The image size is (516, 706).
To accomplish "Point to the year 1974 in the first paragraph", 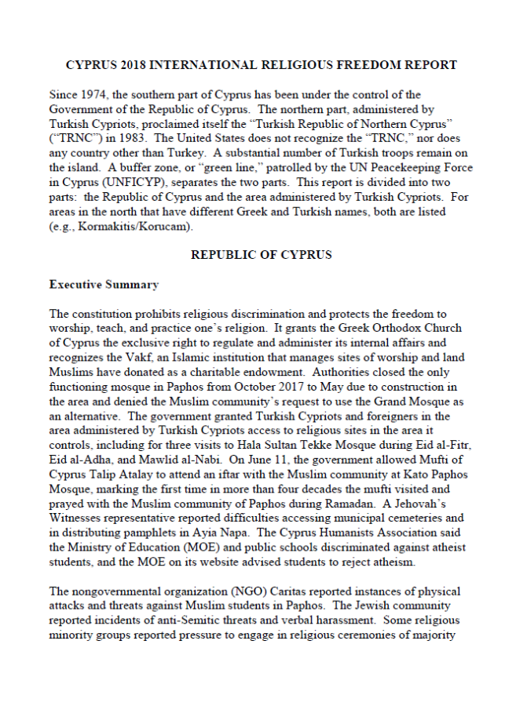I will point(92,95).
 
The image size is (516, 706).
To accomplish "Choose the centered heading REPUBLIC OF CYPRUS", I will point(261,256).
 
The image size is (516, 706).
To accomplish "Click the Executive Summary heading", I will point(104,285).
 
